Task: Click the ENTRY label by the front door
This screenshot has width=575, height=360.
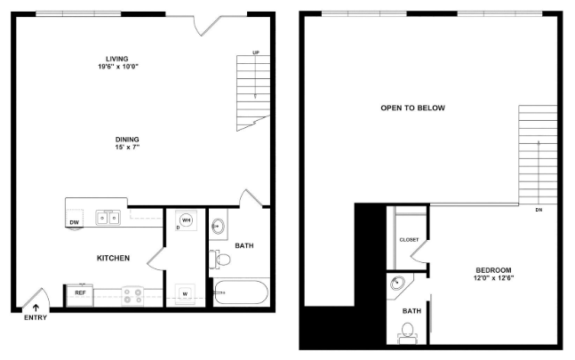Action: (36, 317)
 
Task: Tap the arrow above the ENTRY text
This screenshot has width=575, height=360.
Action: (36, 308)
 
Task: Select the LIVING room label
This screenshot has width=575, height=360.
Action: (117, 59)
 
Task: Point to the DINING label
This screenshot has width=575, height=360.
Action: (127, 140)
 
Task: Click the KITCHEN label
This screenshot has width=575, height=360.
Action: (114, 258)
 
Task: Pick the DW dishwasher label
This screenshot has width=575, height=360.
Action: (74, 222)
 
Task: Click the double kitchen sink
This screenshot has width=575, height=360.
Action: (108, 218)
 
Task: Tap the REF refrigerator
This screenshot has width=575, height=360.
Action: (80, 295)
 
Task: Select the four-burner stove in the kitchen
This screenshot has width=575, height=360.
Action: (132, 296)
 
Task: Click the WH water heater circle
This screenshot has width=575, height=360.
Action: (187, 220)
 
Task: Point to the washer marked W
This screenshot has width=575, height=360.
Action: (185, 294)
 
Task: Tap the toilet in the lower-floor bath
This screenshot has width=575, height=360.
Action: (220, 260)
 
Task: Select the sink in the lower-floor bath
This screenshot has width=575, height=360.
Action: (218, 226)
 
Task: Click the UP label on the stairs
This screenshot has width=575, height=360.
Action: (256, 52)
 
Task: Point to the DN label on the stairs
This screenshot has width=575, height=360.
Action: (539, 210)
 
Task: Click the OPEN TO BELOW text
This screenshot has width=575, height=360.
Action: (413, 108)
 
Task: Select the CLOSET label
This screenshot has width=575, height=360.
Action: (409, 240)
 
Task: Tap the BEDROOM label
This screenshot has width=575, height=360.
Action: (493, 270)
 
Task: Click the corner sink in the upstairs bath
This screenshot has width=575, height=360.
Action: (397, 283)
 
